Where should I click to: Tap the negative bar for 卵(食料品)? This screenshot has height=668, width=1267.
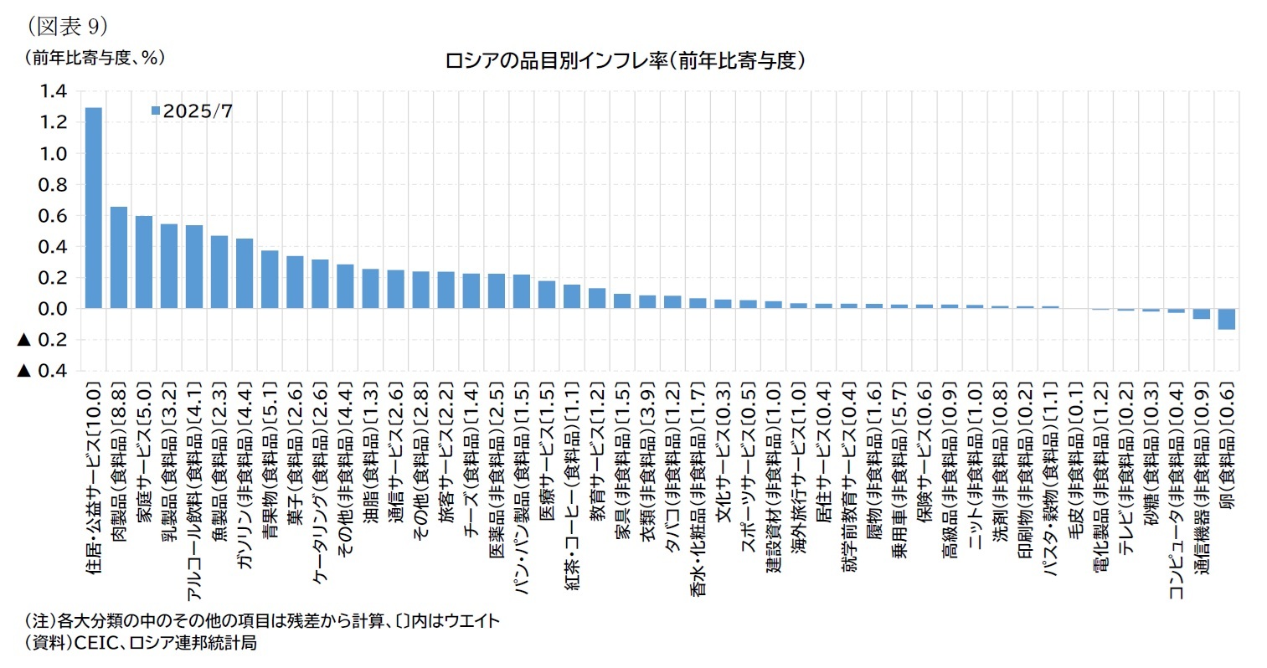click(x=1226, y=319)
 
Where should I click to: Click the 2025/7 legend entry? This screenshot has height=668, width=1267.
click(x=192, y=111)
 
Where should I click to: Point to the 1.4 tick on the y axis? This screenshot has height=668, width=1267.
click(x=51, y=91)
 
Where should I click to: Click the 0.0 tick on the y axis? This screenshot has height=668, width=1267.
click(x=51, y=309)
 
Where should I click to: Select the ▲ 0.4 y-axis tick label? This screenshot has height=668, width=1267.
click(x=42, y=371)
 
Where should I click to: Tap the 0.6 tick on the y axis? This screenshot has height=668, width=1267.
click(x=51, y=216)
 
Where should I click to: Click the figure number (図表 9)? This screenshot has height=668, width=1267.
click(x=66, y=27)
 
